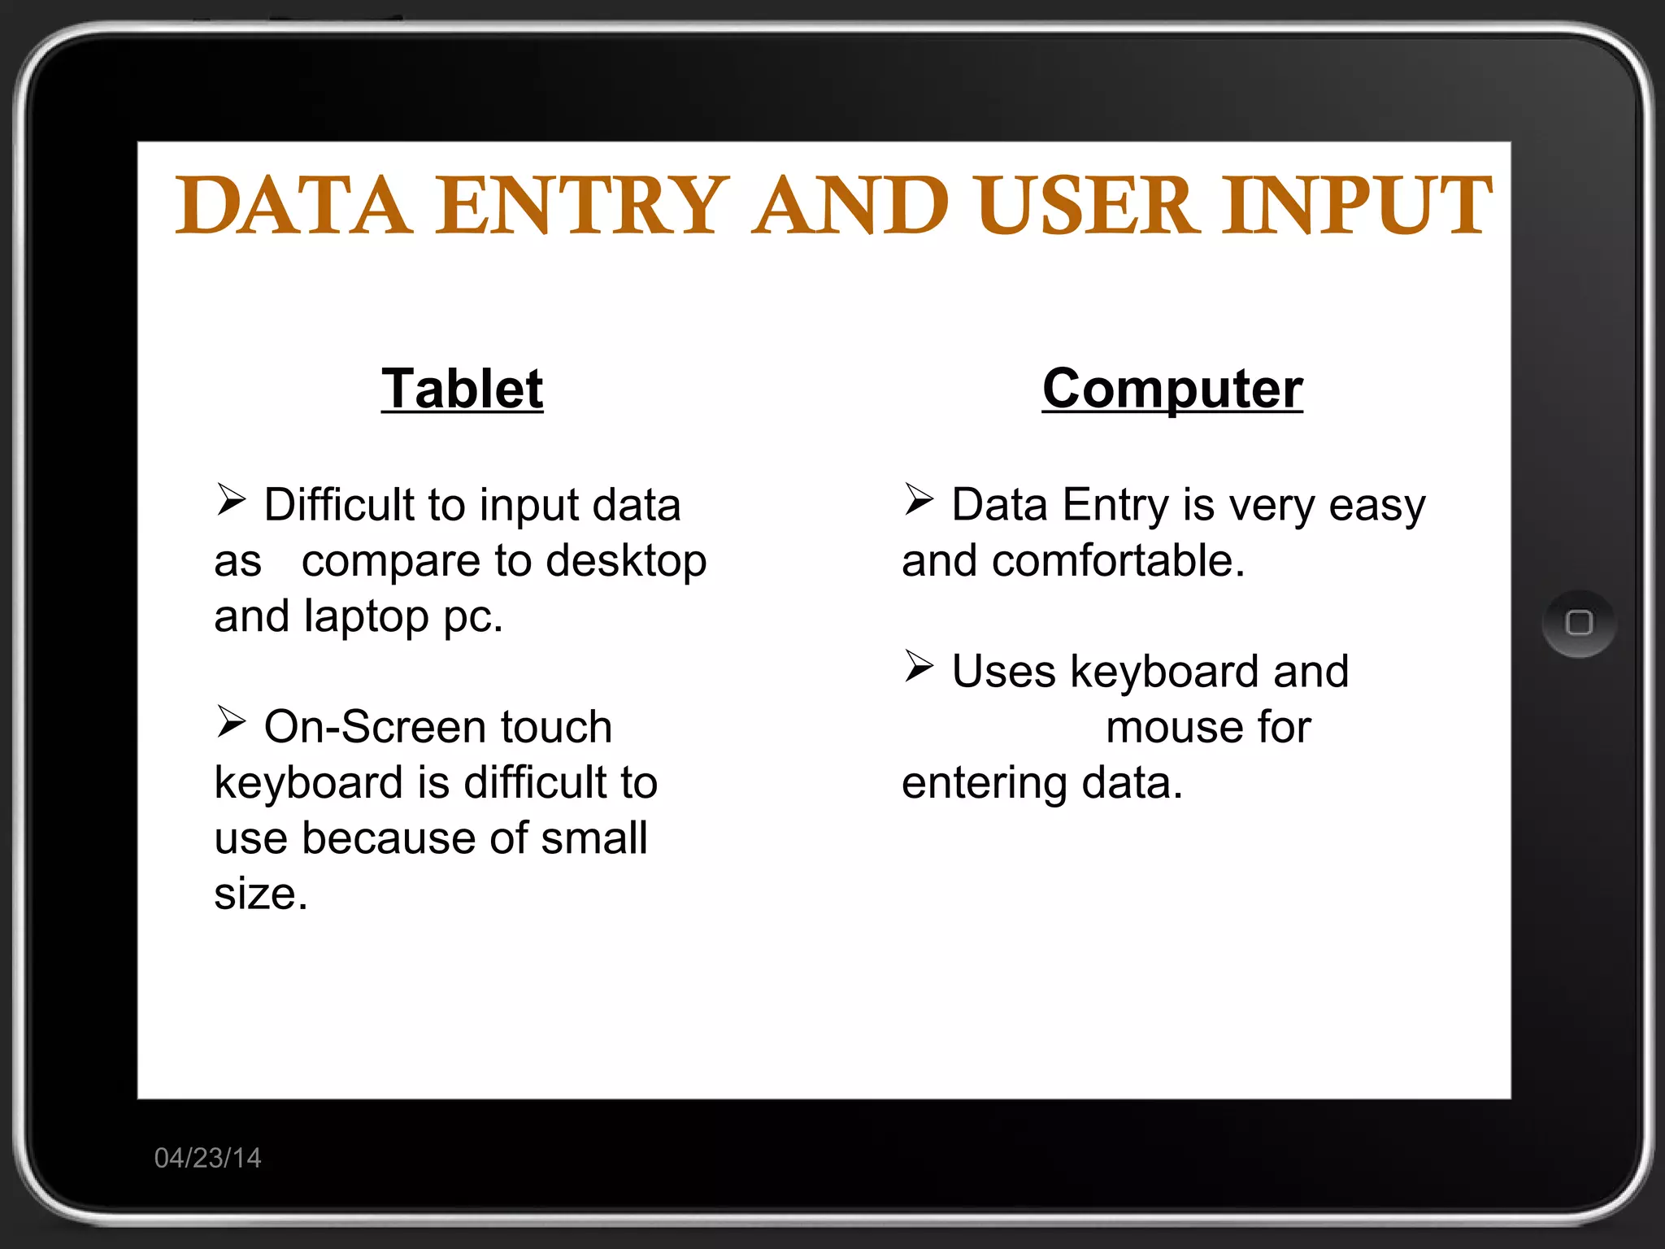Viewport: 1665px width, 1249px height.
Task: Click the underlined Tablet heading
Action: [462, 389]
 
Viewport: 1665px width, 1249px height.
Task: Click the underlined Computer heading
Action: [1172, 389]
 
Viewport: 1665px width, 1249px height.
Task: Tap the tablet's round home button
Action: [1578, 623]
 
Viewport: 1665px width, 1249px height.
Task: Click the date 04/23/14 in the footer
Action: [208, 1157]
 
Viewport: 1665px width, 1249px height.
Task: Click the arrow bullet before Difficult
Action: [231, 499]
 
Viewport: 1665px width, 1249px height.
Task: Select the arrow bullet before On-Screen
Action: [231, 721]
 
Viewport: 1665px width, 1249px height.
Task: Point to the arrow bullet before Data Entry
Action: [919, 499]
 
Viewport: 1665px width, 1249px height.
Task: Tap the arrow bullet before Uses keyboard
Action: [919, 666]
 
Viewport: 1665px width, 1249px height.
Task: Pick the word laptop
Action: [366, 617]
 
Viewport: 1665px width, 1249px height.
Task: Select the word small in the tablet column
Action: [594, 838]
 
